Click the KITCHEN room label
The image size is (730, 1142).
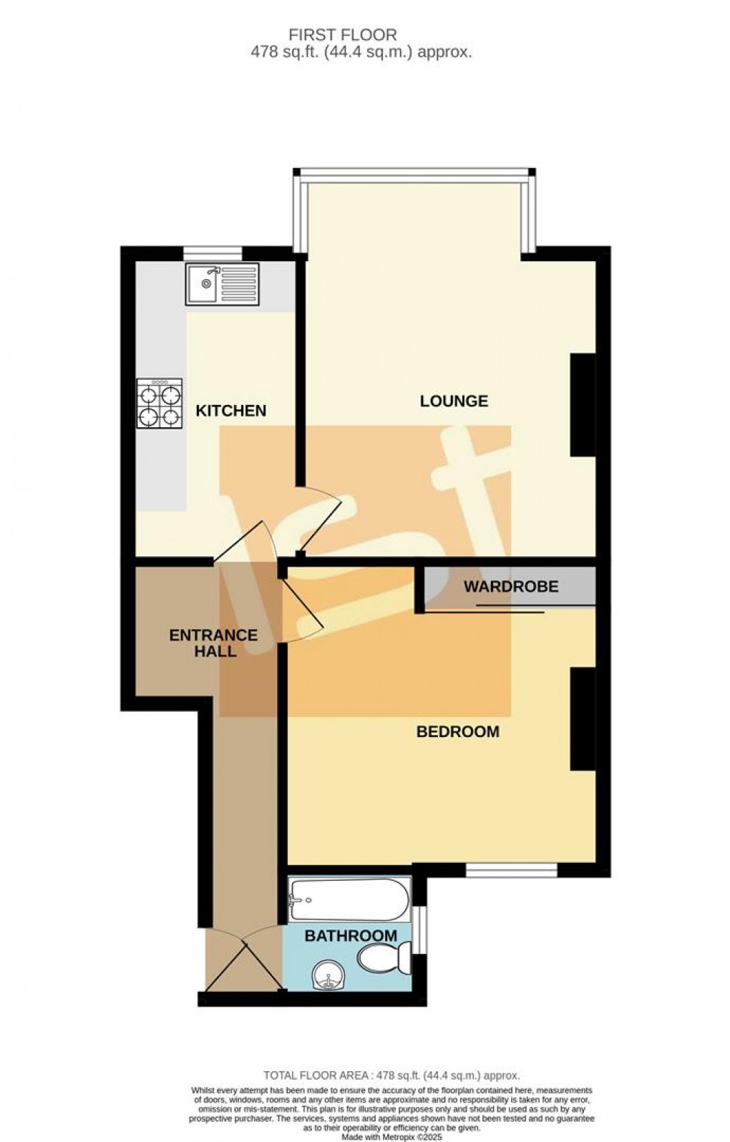pos(230,411)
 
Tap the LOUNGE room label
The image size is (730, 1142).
pos(454,401)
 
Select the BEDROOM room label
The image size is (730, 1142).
pos(457,732)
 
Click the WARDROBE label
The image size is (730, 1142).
pos(510,587)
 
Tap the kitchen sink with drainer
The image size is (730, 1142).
pos(222,284)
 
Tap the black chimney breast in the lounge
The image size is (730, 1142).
pos(583,405)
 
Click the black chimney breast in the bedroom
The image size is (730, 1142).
pos(583,719)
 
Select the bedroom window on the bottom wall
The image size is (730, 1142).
pos(511,870)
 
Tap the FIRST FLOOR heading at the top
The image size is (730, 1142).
pos(342,34)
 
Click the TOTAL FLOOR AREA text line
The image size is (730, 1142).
pos(391,1075)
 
